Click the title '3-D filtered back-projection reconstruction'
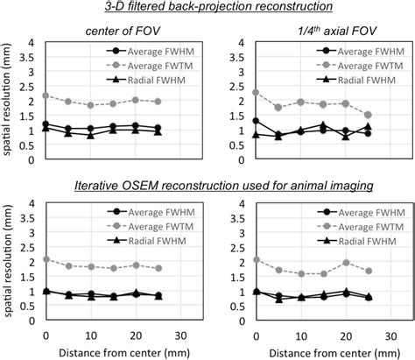click(207, 9)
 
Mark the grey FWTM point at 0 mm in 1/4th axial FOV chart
click(256, 92)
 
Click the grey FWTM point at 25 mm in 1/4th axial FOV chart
click(368, 115)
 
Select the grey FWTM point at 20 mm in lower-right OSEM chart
click(346, 262)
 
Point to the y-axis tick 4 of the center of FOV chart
click(32, 42)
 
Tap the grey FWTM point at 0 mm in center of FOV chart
click(46, 95)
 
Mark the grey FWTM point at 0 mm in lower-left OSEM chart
click(46, 259)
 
